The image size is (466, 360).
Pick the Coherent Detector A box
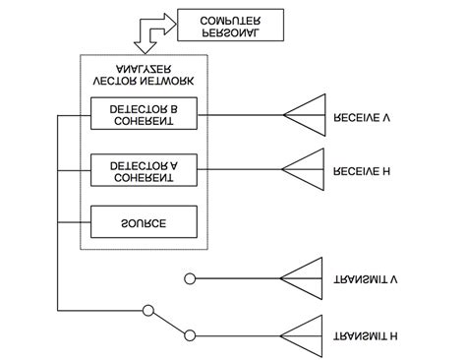click(x=143, y=168)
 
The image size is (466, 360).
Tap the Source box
click(x=143, y=222)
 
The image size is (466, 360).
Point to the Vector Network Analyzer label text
click(x=143, y=74)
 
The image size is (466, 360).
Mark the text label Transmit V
click(x=365, y=280)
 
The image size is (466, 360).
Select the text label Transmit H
click(x=365, y=335)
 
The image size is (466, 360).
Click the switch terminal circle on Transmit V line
click(x=191, y=279)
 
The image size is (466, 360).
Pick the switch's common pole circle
click(x=148, y=311)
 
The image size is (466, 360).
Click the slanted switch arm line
click(x=169, y=323)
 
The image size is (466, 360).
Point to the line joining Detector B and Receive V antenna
click(x=241, y=115)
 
